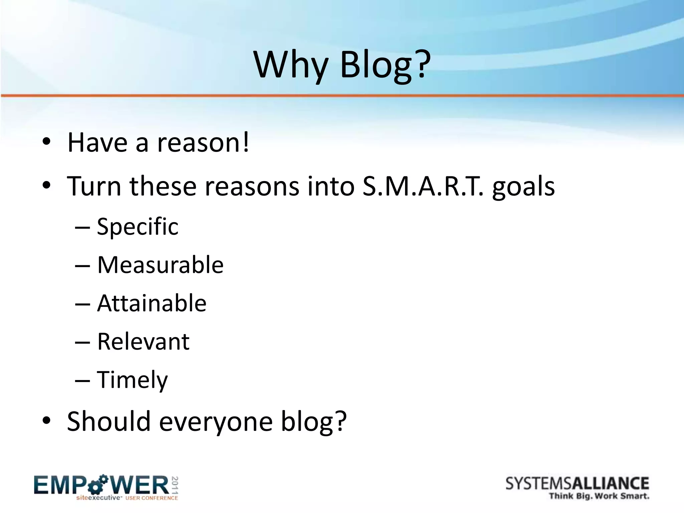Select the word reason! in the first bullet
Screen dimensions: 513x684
(203, 143)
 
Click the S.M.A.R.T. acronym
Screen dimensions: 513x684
(423, 186)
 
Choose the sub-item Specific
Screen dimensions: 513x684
(138, 227)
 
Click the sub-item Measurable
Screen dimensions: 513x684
(160, 265)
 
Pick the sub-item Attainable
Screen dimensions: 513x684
(152, 303)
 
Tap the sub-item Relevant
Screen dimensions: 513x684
(143, 342)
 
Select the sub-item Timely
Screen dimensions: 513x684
(132, 380)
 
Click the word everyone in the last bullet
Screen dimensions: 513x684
(216, 421)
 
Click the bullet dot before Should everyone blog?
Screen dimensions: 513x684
(46, 421)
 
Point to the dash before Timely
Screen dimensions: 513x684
(82, 380)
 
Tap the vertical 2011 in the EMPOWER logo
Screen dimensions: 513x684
(175, 485)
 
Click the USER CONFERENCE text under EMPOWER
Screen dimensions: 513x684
(152, 498)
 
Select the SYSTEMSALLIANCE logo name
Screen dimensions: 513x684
(577, 484)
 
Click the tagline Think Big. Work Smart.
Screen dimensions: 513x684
(599, 496)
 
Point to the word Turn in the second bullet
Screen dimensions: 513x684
(94, 186)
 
